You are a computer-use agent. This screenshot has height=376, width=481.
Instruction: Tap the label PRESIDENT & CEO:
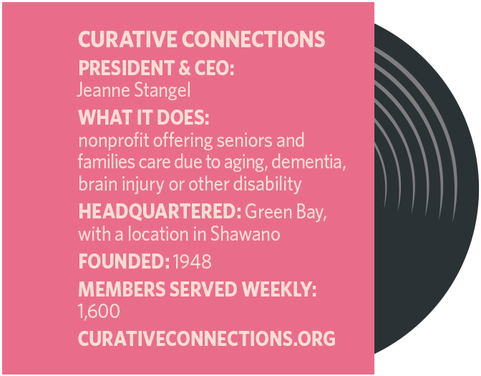[x=156, y=69]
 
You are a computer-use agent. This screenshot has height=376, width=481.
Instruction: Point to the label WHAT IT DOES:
[x=143, y=117]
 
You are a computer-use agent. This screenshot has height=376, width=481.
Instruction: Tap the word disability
[x=267, y=184]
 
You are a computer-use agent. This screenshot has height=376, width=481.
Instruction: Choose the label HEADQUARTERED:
[x=159, y=213]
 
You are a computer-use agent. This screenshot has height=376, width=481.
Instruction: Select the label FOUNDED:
[x=123, y=261]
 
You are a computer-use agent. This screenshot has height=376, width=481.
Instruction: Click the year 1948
[x=193, y=261]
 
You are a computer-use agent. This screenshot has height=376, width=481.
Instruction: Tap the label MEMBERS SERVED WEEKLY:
[x=197, y=290]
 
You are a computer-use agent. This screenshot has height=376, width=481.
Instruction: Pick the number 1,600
[x=98, y=312]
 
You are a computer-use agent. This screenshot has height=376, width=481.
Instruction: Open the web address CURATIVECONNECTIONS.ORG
[x=206, y=339]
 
